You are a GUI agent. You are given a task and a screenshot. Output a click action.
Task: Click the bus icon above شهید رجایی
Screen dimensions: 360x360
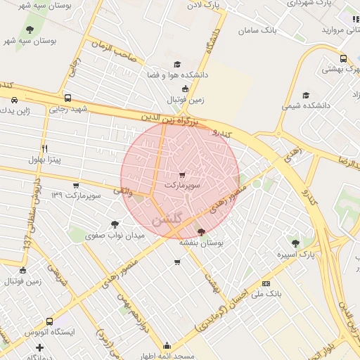click(67, 98)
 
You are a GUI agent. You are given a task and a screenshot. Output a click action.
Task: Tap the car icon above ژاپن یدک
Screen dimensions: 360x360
click(15, 101)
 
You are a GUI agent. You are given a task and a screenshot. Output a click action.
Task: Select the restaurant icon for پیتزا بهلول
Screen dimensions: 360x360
click(44, 148)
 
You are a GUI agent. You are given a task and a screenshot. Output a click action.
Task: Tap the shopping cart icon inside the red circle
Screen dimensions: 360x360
click(182, 174)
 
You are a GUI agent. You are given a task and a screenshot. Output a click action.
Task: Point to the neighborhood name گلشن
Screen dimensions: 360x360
click(167, 219)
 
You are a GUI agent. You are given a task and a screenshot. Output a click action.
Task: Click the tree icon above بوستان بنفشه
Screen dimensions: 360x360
click(202, 231)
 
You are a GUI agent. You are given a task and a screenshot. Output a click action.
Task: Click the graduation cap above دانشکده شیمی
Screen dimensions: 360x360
click(305, 95)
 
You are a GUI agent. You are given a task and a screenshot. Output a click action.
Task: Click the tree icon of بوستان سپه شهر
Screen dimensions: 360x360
click(30, 30)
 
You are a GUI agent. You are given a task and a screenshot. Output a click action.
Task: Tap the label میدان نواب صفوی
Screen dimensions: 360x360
click(115, 236)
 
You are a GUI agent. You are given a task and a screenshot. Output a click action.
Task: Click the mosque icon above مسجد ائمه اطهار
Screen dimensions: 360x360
click(167, 345)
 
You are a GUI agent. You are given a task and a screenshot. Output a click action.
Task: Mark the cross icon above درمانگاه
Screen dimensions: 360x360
click(39, 347)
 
